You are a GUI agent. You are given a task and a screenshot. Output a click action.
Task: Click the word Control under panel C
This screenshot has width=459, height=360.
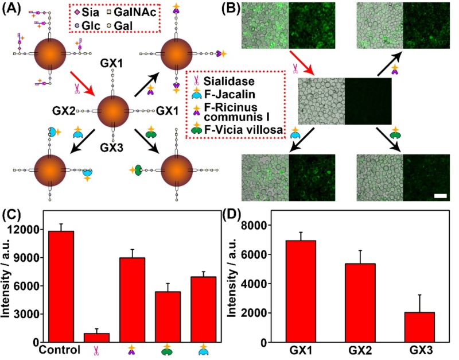coord(60,349)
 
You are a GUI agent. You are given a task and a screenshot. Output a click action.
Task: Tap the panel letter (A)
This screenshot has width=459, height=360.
coord(13,9)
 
